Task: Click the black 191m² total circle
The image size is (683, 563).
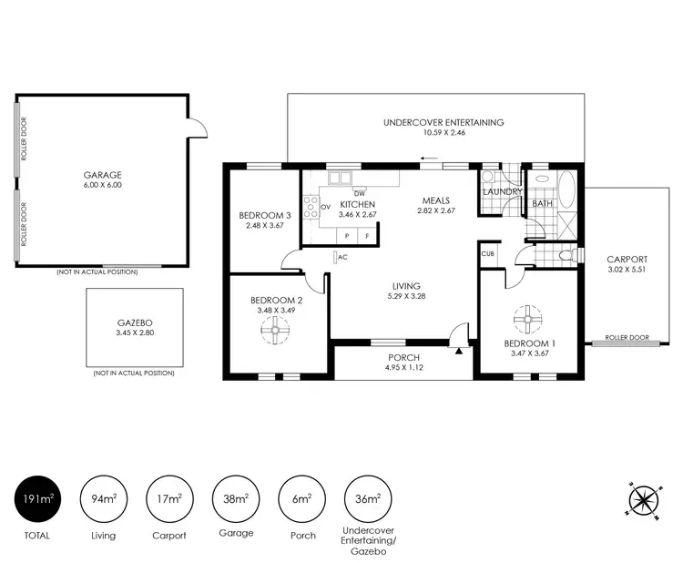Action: (x=37, y=497)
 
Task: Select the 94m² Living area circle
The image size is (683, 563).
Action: (x=103, y=497)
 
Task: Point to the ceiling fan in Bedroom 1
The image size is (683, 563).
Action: (x=526, y=320)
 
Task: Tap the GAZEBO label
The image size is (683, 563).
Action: (x=133, y=323)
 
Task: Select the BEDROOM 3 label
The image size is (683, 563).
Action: (x=264, y=215)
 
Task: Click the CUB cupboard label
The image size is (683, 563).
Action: (x=488, y=254)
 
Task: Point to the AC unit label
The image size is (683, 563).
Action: (x=342, y=257)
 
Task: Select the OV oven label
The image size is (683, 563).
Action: (x=325, y=207)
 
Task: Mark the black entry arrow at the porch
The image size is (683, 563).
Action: (x=460, y=349)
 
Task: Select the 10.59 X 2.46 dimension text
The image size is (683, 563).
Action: (x=443, y=133)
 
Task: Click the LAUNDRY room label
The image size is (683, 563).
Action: (x=502, y=192)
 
